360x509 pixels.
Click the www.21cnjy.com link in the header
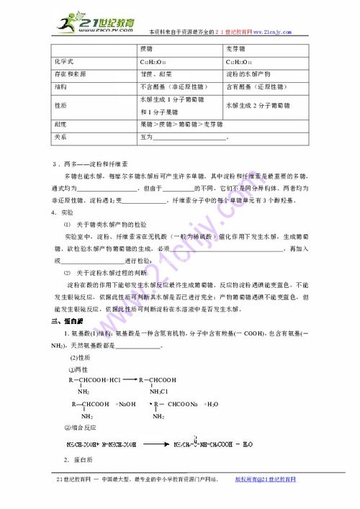[268, 32]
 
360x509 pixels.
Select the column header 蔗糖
[148, 50]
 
